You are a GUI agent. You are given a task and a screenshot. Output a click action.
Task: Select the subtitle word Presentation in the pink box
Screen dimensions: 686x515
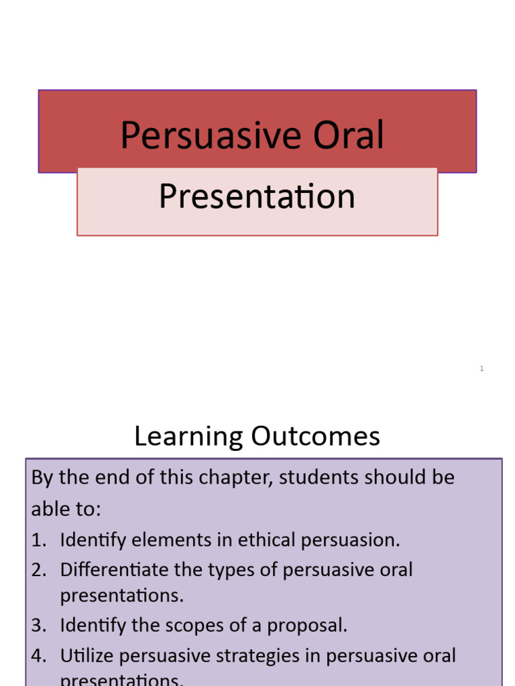click(257, 197)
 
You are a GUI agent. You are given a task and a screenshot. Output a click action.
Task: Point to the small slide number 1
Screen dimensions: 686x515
click(481, 368)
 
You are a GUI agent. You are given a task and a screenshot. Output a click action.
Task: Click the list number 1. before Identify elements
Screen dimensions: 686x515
click(39, 540)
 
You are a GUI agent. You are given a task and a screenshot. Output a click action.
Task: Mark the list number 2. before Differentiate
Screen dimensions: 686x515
click(39, 570)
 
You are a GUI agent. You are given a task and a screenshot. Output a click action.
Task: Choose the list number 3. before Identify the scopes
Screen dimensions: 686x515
click(39, 626)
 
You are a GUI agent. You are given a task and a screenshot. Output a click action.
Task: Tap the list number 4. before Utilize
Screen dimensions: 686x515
click(39, 656)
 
